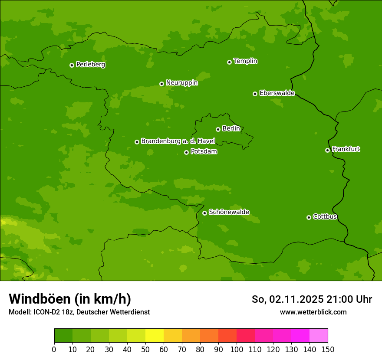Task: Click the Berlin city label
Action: tap(231, 129)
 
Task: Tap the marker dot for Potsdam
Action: tap(186, 152)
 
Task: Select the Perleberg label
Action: tap(90, 65)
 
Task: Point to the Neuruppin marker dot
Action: tap(161, 84)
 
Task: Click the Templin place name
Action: tap(245, 61)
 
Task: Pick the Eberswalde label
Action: tap(277, 93)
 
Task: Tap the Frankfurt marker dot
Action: tap(327, 150)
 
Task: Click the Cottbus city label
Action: tap(325, 217)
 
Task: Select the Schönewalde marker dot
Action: tap(204, 213)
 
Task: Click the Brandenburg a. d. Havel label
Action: tap(178, 141)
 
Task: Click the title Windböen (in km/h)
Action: tap(70, 299)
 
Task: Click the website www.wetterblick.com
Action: tap(313, 312)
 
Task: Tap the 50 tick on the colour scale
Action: tap(145, 349)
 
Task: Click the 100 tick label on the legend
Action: tap(237, 349)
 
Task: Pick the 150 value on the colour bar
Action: tap(328, 349)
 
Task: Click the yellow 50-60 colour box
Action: tap(155, 336)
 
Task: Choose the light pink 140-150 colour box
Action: tap(319, 336)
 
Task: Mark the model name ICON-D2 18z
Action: tap(53, 312)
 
